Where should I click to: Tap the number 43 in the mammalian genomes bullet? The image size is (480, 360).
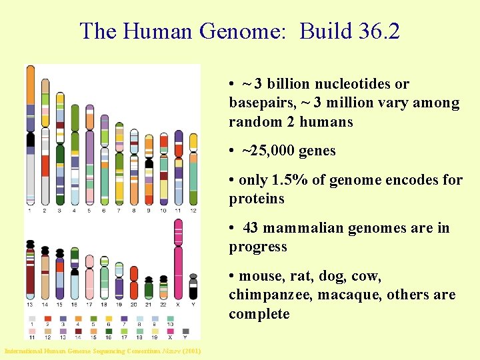tap(251, 228)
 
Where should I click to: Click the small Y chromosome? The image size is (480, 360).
tap(193, 286)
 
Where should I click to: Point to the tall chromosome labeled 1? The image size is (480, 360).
tap(30, 133)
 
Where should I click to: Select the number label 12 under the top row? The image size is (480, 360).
tap(193, 211)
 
